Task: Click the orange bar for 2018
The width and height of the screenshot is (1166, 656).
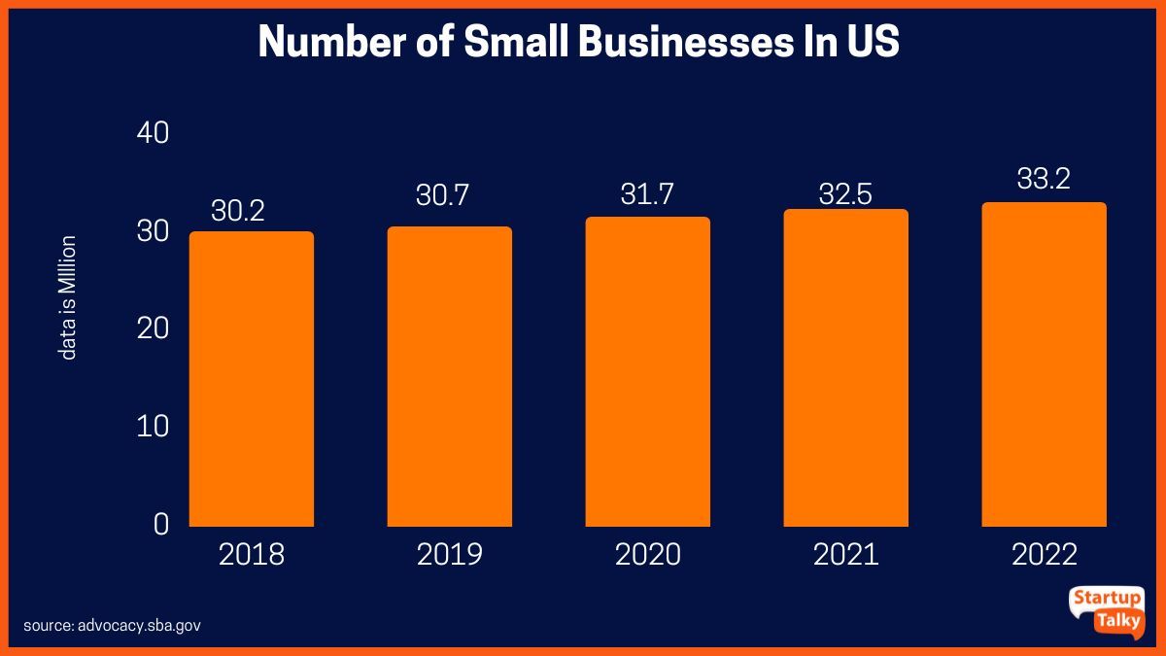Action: coord(251,379)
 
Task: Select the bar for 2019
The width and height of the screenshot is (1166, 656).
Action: coord(449,377)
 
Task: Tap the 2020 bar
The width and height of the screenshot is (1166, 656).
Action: coord(647,372)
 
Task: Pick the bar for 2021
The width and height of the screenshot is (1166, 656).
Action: coord(845,368)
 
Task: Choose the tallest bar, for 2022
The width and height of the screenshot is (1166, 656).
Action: coord(1044,364)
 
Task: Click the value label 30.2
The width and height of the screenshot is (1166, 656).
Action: coord(238,211)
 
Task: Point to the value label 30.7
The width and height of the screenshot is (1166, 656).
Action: coord(442,195)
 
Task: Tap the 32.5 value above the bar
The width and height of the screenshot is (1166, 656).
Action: coord(846,192)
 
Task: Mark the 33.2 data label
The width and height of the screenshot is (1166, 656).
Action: coord(1044,179)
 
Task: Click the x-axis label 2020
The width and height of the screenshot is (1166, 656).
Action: coord(647,555)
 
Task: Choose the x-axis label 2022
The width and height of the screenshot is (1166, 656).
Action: coord(1044,555)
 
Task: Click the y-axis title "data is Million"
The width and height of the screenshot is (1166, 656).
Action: coord(68,297)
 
